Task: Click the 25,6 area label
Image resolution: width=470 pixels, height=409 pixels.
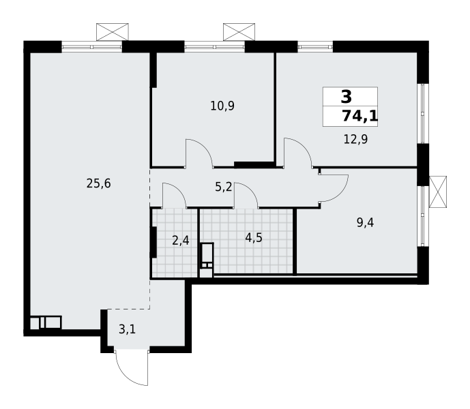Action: click(98, 183)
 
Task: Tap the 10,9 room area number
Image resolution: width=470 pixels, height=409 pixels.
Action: click(222, 106)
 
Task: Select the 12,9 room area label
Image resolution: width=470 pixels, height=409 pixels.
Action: click(355, 140)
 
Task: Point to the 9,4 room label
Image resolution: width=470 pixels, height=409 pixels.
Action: click(365, 222)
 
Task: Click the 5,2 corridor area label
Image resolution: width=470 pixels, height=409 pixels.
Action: click(224, 187)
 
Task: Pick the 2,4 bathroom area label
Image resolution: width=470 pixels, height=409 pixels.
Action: click(180, 240)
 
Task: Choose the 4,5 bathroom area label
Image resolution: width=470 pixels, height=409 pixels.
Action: click(254, 238)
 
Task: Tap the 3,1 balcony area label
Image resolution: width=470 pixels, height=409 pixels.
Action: click(127, 330)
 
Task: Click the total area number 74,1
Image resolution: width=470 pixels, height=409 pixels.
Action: click(359, 116)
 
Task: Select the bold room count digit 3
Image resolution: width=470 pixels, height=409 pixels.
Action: click(347, 97)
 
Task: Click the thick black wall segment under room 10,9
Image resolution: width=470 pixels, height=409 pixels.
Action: click(254, 164)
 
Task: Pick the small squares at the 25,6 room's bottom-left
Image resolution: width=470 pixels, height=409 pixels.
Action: click(45, 322)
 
